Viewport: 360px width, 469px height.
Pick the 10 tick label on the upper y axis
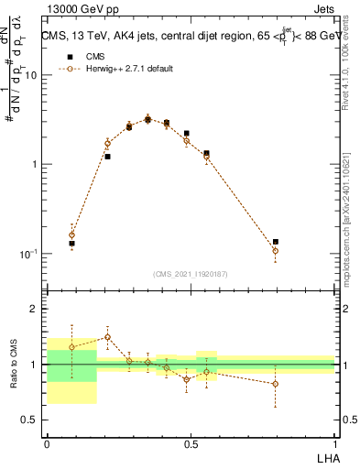tap(32, 75)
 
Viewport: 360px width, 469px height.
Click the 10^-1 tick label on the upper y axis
tap(30, 254)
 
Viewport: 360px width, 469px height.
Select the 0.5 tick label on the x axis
tap(191, 444)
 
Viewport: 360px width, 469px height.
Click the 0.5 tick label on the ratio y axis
tap(30, 420)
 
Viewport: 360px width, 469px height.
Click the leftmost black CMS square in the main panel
tap(72, 244)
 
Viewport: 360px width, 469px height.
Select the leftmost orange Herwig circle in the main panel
tap(72, 234)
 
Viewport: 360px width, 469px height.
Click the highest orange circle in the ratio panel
tap(107, 337)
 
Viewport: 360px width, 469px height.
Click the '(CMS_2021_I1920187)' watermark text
tap(191, 273)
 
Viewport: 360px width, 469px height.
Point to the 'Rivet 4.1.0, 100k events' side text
tap(347, 69)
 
